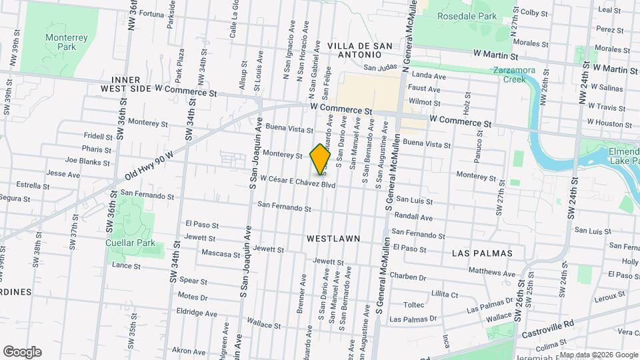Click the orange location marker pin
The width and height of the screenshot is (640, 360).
321,159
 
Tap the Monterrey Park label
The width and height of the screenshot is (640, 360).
66,43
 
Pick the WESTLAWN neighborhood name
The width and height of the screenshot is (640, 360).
333,238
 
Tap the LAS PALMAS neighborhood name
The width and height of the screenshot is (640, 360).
482,253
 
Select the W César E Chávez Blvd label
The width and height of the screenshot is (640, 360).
297,181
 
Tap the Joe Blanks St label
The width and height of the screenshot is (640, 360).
87,161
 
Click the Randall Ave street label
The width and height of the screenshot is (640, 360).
413,217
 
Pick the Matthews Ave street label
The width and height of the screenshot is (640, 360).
491,272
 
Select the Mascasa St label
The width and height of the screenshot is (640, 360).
220,254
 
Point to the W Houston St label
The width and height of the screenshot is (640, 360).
609,122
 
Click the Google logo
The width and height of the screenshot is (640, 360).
22,352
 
